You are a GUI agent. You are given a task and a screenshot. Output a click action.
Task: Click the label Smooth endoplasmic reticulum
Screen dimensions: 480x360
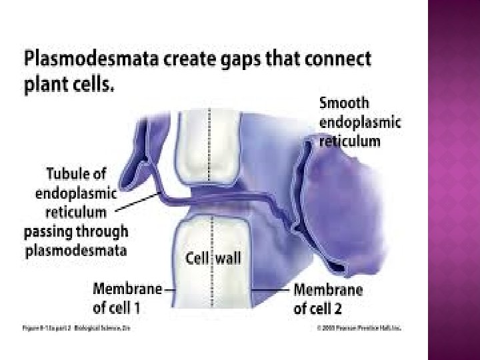point(359,122)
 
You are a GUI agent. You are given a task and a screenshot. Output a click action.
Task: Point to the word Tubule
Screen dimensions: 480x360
point(75,174)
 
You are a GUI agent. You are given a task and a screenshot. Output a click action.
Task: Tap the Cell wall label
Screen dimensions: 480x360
point(213,257)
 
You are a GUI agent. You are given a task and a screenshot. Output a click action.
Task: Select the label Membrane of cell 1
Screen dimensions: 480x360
point(127,298)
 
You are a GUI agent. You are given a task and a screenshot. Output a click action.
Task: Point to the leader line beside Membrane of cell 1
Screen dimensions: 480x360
point(169,290)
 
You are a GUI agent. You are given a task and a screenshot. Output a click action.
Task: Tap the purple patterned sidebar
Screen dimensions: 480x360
point(453,180)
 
